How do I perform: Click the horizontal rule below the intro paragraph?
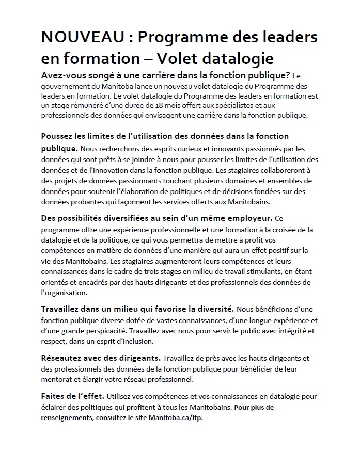158,127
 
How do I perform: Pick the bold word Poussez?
57,136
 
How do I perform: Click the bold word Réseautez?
63,358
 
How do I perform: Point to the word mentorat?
58,379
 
